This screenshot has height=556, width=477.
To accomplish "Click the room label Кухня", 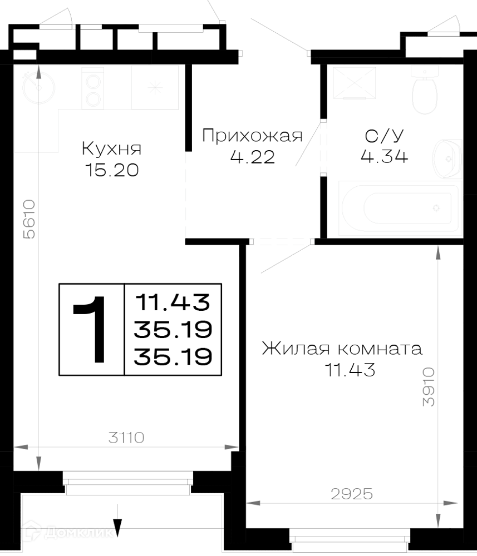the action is pyautogui.click(x=111, y=148).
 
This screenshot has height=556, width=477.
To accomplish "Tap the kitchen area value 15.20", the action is pyautogui.click(x=112, y=170).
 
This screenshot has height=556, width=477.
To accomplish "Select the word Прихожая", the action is pyautogui.click(x=252, y=136).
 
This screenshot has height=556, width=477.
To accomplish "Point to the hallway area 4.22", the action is pyautogui.click(x=252, y=157).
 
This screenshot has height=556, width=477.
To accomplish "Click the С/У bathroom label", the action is pyautogui.click(x=385, y=136).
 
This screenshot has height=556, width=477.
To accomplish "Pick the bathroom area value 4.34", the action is pyautogui.click(x=385, y=156).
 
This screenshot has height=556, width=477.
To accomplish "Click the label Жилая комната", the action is pyautogui.click(x=342, y=349).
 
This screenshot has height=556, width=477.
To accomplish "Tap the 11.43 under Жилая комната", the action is pyautogui.click(x=350, y=370).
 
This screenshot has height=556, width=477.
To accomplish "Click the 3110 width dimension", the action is pyautogui.click(x=126, y=438).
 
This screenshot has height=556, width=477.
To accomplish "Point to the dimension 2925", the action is pyautogui.click(x=352, y=494).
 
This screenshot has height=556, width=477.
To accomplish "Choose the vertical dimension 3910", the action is pyautogui.click(x=429, y=386).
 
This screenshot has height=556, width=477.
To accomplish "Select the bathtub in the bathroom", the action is pyautogui.click(x=400, y=209).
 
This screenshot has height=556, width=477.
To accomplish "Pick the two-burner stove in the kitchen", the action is pyautogui.click(x=93, y=88).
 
